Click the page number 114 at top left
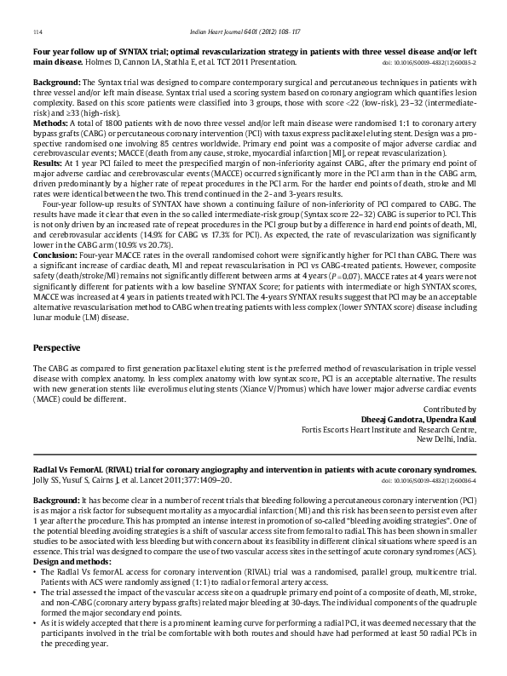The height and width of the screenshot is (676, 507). pos(37,32)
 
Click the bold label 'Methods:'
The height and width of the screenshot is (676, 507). pos(50,123)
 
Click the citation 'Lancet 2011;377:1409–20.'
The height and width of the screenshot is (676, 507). pos(147,480)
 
